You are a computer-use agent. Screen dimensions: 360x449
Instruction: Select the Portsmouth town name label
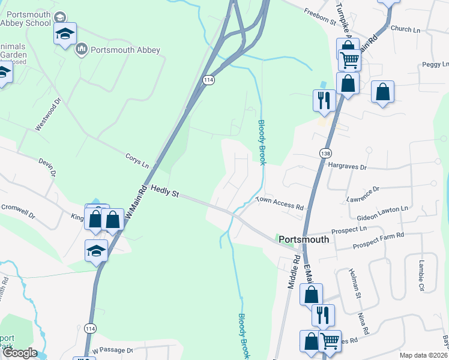pos(304,239)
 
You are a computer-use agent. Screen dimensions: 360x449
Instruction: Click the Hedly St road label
pos(165,191)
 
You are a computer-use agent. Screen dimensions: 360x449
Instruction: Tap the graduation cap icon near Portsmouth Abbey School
pos(65,33)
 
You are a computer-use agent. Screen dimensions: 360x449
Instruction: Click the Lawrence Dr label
pos(363,193)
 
